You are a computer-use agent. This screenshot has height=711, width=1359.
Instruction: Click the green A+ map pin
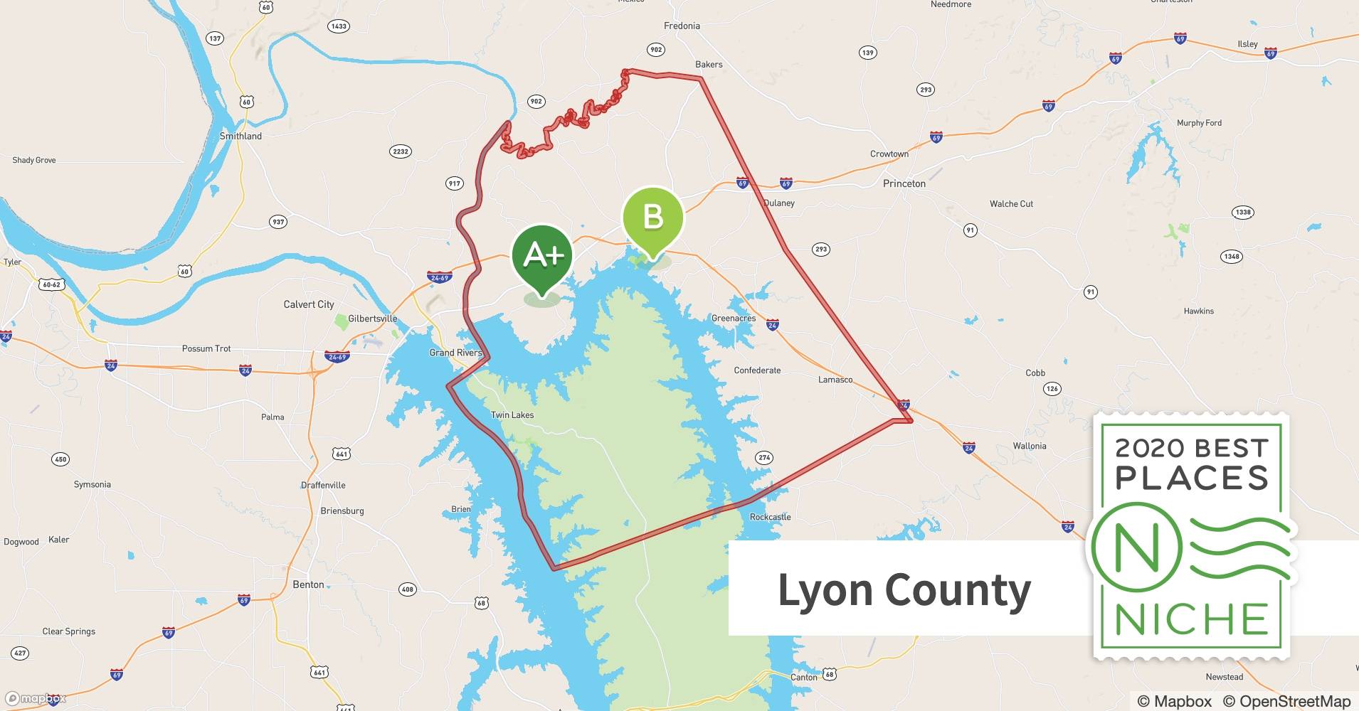(542, 256)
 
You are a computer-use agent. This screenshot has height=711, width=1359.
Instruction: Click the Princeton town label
(904, 183)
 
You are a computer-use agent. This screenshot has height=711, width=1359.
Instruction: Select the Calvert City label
(309, 304)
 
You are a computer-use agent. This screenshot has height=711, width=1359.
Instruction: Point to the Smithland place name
(240, 136)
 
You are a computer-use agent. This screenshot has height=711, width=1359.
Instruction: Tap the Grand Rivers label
(455, 353)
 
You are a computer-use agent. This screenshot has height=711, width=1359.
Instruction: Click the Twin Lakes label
(512, 415)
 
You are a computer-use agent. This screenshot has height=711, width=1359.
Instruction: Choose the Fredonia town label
(682, 26)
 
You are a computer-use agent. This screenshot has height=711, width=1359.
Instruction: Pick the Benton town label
(308, 584)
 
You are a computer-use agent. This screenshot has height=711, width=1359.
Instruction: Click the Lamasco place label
(835, 380)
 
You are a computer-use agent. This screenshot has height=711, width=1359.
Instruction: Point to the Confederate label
(757, 370)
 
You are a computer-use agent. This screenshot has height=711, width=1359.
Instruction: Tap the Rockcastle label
(770, 517)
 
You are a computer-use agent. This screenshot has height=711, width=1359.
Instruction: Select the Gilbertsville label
(372, 319)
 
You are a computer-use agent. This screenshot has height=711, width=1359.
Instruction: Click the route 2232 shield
(401, 151)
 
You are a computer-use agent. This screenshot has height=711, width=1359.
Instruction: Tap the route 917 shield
(454, 183)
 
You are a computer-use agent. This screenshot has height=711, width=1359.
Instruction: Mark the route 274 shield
(764, 458)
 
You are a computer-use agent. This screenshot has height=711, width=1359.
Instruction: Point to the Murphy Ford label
(1199, 123)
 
